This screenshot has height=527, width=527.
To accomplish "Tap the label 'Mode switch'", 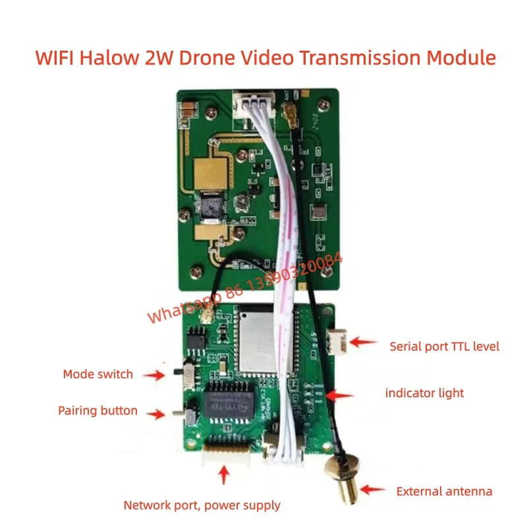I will pos(98,374).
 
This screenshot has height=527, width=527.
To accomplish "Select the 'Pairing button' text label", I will pos(98,411).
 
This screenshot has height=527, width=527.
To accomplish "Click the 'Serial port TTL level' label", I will pos(445,346).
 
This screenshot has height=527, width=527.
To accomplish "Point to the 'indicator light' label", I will pos(424,393).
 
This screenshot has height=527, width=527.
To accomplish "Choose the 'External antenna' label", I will pos(444,491).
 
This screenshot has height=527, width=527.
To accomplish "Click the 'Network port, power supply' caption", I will pos(202,505).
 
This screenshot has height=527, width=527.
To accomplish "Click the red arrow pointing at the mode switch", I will pos(155,375).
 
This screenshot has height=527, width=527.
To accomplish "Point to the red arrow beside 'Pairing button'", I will pos(155,414).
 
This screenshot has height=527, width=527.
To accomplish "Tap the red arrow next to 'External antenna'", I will pos(374,490).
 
